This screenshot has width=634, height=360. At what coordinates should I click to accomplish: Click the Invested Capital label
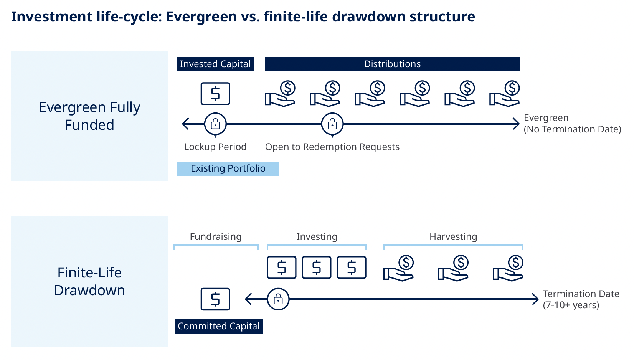click(x=215, y=64)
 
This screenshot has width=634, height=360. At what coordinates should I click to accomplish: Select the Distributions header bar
click(x=392, y=64)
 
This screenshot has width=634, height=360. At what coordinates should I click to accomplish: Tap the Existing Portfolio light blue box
click(x=228, y=168)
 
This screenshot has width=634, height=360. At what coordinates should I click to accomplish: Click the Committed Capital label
click(x=218, y=326)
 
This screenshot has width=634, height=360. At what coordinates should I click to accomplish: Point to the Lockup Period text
click(x=215, y=147)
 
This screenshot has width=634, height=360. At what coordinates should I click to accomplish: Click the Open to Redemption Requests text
click(x=332, y=147)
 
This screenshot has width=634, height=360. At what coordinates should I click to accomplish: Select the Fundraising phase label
click(x=215, y=237)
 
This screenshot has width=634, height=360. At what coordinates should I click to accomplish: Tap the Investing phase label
click(x=317, y=237)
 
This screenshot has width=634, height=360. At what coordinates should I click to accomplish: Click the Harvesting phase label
click(x=453, y=237)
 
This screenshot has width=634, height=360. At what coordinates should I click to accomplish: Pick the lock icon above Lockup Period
click(x=215, y=124)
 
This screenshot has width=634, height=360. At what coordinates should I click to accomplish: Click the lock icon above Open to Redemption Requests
click(x=332, y=124)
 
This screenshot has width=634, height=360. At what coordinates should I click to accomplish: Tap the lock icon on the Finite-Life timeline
click(x=278, y=299)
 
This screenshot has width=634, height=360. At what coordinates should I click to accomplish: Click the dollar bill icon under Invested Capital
click(x=215, y=94)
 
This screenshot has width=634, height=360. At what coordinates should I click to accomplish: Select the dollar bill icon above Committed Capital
click(x=215, y=299)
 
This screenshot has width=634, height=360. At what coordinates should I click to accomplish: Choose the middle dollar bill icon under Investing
click(x=317, y=267)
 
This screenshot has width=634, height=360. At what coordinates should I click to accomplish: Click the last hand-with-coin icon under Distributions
click(x=505, y=94)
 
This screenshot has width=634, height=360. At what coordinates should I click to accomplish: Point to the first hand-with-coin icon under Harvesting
click(x=399, y=268)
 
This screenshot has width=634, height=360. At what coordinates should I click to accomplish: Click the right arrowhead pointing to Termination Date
click(x=536, y=299)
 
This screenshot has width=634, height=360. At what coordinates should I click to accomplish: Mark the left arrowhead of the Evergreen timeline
click(x=185, y=124)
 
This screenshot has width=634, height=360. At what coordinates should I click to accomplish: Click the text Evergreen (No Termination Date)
click(x=572, y=124)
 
